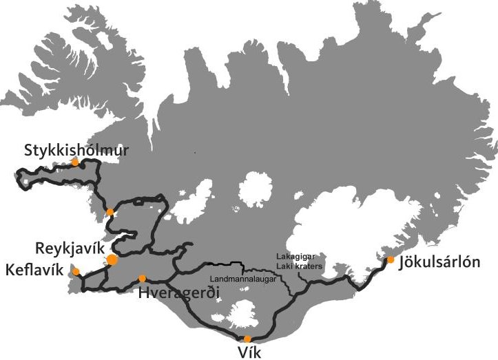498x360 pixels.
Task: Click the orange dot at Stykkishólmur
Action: point(75,162)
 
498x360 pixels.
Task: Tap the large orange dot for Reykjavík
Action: point(112,260)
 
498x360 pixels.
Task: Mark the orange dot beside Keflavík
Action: point(76,271)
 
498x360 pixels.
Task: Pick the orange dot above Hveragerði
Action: point(142,278)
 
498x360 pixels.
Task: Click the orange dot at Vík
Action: point(247,338)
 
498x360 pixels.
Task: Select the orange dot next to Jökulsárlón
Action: point(391,260)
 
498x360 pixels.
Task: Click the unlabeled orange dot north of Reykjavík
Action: point(110,211)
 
